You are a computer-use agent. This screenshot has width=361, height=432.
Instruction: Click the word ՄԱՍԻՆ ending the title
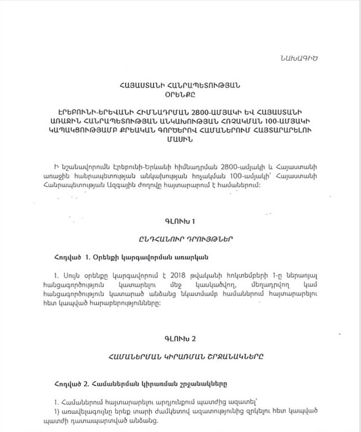tap(180, 139)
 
